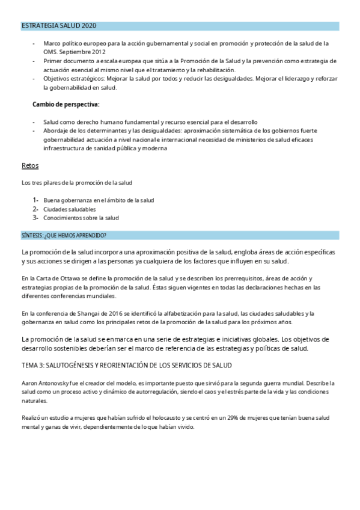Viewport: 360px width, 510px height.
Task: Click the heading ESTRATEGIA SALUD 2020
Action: pos(58,26)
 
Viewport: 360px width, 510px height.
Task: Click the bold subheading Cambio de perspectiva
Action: pos(66,104)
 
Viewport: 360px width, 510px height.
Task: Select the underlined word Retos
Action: pos(29,165)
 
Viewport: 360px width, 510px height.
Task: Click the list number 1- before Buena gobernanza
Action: pos(36,200)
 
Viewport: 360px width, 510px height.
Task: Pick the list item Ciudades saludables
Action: pos(70,209)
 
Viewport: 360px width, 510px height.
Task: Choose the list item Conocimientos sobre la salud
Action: pos(81,218)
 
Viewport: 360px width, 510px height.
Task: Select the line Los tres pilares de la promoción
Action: pos(77,182)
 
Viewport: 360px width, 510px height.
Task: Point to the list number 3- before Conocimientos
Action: pos(36,218)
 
